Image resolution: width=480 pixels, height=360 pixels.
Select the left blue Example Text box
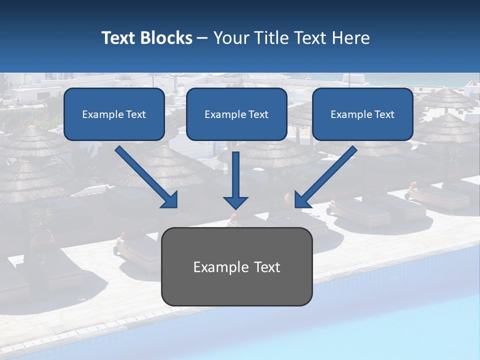pos(114,114)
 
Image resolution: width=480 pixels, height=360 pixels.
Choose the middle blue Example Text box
pos(236,114)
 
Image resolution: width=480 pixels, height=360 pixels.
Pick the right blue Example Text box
pos(362,114)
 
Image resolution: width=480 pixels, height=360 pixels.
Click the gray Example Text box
pos(236,266)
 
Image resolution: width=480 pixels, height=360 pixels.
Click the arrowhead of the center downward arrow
pos(235,202)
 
